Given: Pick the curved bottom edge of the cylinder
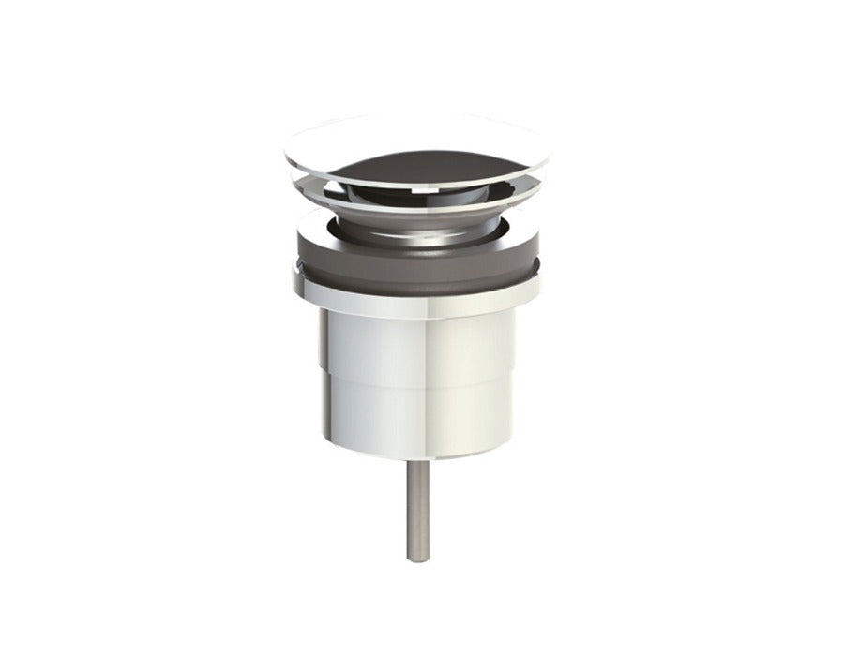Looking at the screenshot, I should click(417, 456).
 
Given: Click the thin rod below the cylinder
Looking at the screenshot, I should click(418, 511).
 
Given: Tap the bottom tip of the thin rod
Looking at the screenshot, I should click(418, 559).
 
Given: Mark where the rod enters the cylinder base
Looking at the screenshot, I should click(418, 462).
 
